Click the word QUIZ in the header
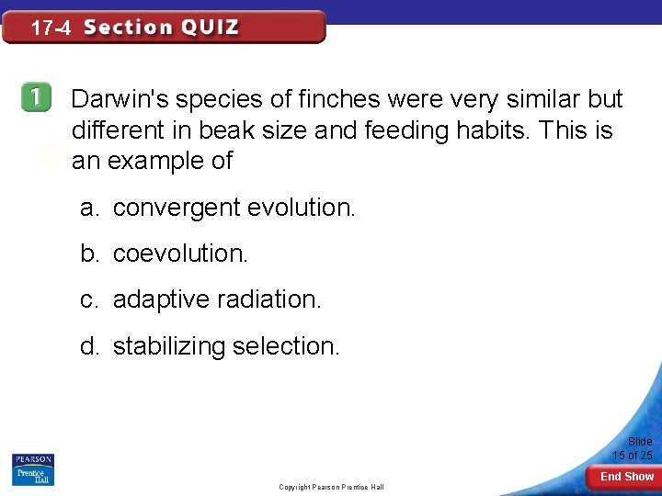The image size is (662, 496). tap(211, 28)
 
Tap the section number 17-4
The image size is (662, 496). tap(51, 28)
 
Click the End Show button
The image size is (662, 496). tap(627, 477)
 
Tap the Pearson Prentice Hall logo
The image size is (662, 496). tap(33, 469)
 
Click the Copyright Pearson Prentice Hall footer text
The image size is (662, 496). tap(331, 487)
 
